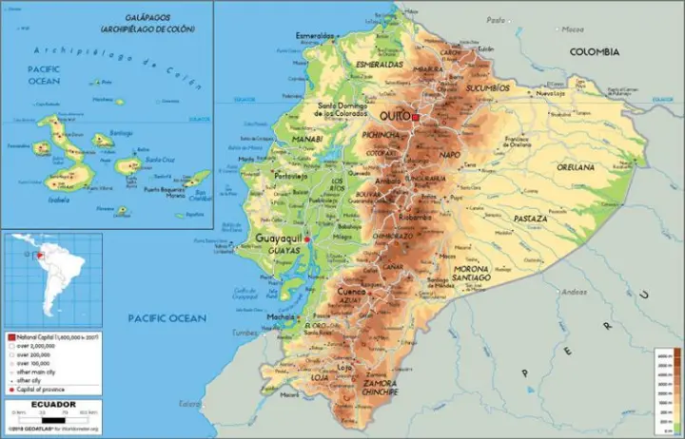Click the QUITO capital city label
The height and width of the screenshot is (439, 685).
click(394, 115)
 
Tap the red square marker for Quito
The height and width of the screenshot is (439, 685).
click(415, 116)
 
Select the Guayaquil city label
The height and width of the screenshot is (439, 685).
click(278, 239)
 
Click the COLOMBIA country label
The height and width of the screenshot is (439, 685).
click(594, 52)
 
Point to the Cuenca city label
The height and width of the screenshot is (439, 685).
click(351, 291)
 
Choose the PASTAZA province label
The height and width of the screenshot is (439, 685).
click(529, 219)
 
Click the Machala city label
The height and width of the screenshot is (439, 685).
click(281, 316)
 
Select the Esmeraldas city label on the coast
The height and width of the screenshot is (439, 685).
click(316, 36)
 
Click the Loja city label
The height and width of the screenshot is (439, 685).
click(344, 366)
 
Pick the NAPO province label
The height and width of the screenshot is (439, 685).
click(450, 154)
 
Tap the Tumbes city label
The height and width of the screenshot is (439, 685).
click(246, 334)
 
